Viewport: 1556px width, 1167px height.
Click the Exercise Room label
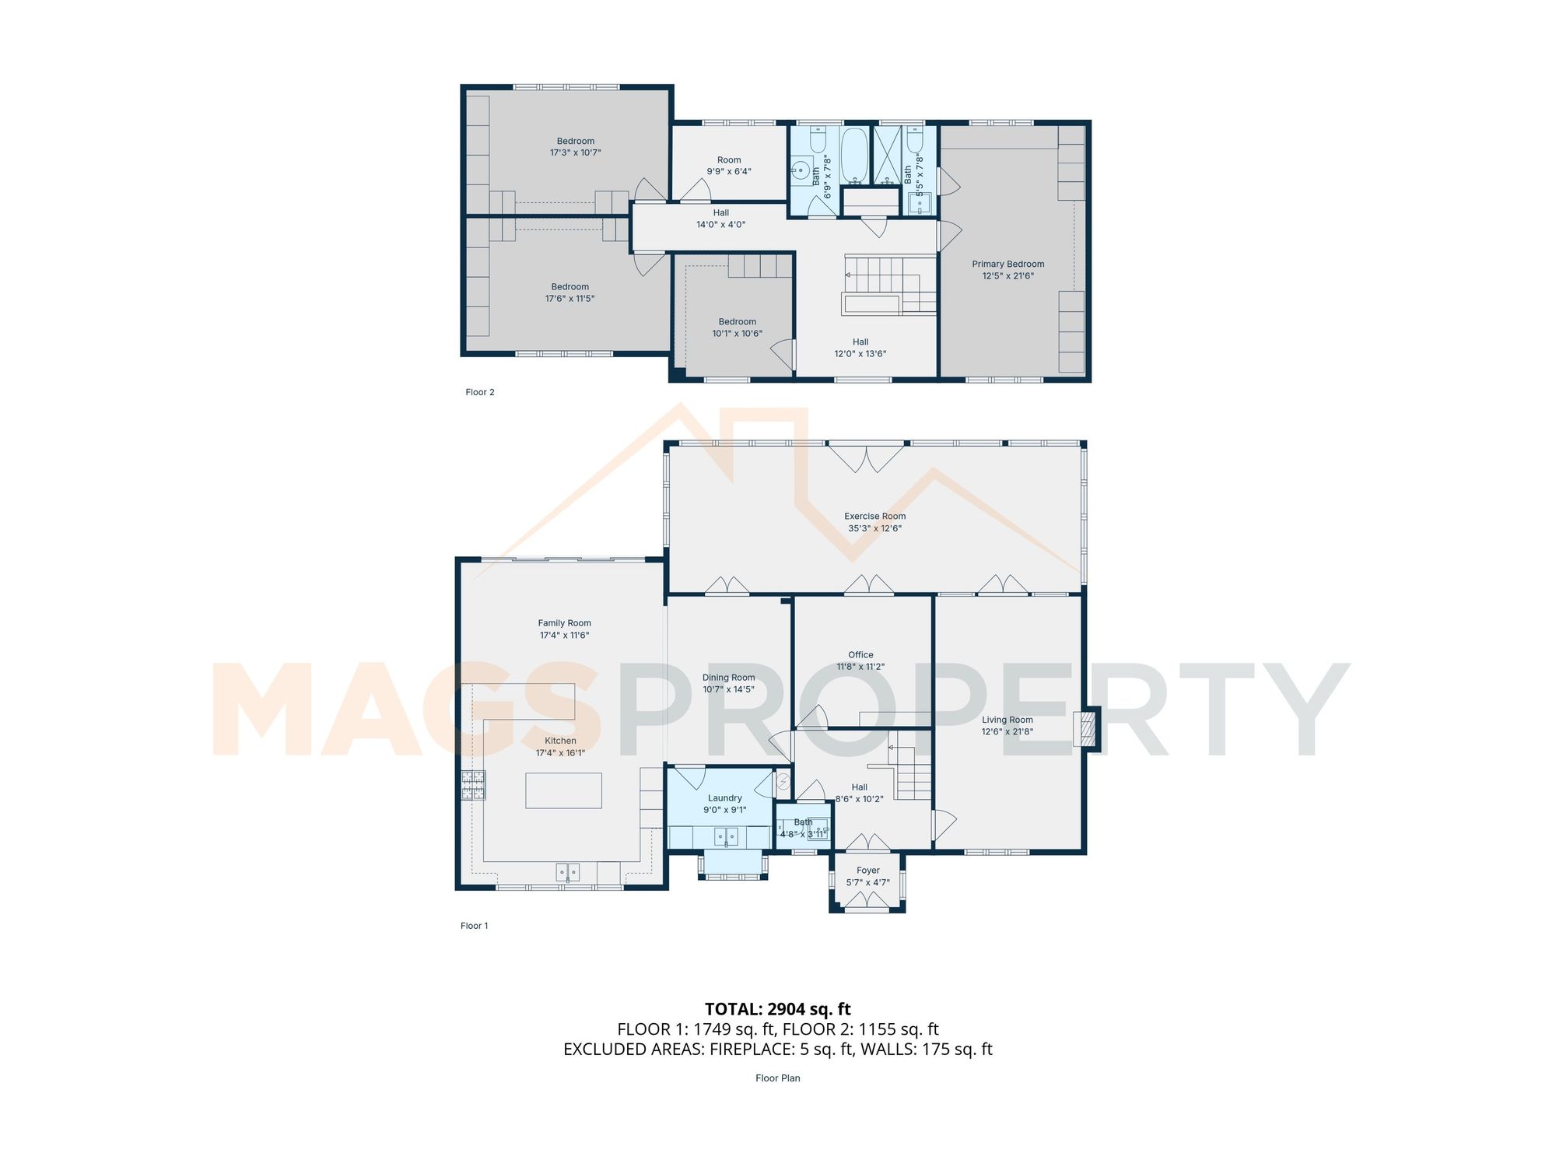pyautogui.click(x=874, y=516)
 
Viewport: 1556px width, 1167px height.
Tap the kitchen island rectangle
pyautogui.click(x=563, y=790)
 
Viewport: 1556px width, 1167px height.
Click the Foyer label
pyautogui.click(x=867, y=871)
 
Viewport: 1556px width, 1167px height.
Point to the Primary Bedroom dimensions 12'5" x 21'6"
pyautogui.click(x=1008, y=276)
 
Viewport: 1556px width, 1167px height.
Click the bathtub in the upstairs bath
pyautogui.click(x=854, y=155)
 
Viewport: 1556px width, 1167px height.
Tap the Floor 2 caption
pyautogui.click(x=479, y=392)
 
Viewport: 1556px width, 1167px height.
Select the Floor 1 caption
pyautogui.click(x=474, y=926)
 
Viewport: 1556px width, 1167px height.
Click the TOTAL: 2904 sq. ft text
pyautogui.click(x=777, y=1009)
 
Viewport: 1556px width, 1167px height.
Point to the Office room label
pyautogui.click(x=860, y=655)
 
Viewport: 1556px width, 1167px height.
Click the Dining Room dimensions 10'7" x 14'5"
pyautogui.click(x=728, y=689)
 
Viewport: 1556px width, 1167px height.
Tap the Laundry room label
pyautogui.click(x=724, y=798)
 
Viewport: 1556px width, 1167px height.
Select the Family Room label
pyautogui.click(x=564, y=623)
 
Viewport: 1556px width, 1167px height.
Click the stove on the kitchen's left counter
pyautogui.click(x=473, y=784)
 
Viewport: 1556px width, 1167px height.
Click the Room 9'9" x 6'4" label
pyautogui.click(x=729, y=166)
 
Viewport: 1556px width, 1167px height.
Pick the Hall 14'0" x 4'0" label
pyautogui.click(x=720, y=219)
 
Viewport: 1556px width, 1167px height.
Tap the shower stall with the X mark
pyautogui.click(x=887, y=155)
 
